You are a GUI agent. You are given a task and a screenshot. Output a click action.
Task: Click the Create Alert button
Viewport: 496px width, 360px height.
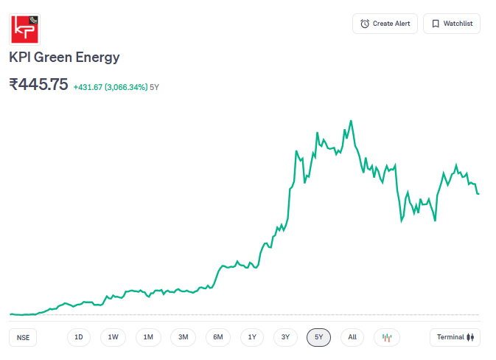pos(385,24)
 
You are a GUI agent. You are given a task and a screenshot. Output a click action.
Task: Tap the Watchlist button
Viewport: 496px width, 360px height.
pos(452,24)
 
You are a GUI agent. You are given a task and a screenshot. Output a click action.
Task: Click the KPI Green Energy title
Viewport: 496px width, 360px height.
pos(64,57)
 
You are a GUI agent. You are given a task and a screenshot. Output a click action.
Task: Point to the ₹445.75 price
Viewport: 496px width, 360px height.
pos(38,85)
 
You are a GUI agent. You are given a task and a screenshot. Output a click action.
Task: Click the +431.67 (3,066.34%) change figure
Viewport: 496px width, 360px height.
pos(111,87)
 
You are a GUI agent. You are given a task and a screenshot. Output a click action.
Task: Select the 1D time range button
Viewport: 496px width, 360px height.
pos(78,337)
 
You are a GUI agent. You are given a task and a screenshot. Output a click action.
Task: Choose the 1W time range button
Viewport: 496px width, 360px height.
pos(113,337)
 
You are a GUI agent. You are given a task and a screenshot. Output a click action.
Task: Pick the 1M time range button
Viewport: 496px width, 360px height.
pos(148,337)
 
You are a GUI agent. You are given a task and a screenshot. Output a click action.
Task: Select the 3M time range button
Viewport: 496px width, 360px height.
pos(183,337)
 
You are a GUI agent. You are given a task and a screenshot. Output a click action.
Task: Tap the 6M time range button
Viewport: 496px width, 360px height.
pos(218,337)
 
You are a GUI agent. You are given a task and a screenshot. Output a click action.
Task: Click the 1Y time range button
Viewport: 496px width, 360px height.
pos(252,337)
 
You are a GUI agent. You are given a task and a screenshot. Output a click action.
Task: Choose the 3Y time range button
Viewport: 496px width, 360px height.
pos(285,337)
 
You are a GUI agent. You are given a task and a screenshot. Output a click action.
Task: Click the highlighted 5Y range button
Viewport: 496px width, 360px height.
pos(318,337)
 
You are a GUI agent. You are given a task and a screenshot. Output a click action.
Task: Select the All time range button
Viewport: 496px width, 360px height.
pos(352,337)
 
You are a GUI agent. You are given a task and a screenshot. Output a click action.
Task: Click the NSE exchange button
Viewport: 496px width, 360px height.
pos(24,337)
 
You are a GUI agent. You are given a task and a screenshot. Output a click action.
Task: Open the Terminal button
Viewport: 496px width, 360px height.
pos(455,337)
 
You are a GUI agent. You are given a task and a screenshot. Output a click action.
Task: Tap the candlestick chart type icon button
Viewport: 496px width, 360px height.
pos(386,337)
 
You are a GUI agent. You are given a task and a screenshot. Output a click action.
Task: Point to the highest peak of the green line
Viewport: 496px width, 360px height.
pos(351,120)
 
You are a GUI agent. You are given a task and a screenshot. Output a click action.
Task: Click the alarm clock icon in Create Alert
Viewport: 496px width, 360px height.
pos(365,24)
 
